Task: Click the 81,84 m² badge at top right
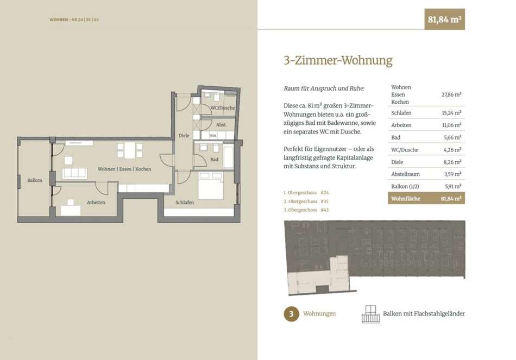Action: (x=444, y=20)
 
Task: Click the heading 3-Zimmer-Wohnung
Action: (x=338, y=61)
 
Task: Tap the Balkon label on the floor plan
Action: (x=35, y=180)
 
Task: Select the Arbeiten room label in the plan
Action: (x=96, y=203)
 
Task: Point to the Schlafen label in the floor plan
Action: (x=185, y=203)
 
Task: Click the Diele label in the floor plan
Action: (x=184, y=136)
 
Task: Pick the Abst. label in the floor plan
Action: (x=222, y=125)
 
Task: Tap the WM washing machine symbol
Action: (x=213, y=136)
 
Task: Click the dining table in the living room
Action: (x=130, y=150)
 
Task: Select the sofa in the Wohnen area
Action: (x=75, y=173)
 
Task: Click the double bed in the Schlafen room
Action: (x=211, y=185)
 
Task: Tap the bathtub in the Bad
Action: (x=229, y=156)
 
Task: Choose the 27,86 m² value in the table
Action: (x=451, y=95)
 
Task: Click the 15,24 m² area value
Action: (x=451, y=113)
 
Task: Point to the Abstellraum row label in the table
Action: (x=405, y=174)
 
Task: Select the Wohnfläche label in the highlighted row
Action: (x=406, y=199)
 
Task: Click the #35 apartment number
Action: (x=324, y=201)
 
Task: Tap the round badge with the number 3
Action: (x=291, y=314)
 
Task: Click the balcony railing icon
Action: (x=370, y=314)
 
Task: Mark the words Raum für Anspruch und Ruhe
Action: (x=324, y=89)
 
